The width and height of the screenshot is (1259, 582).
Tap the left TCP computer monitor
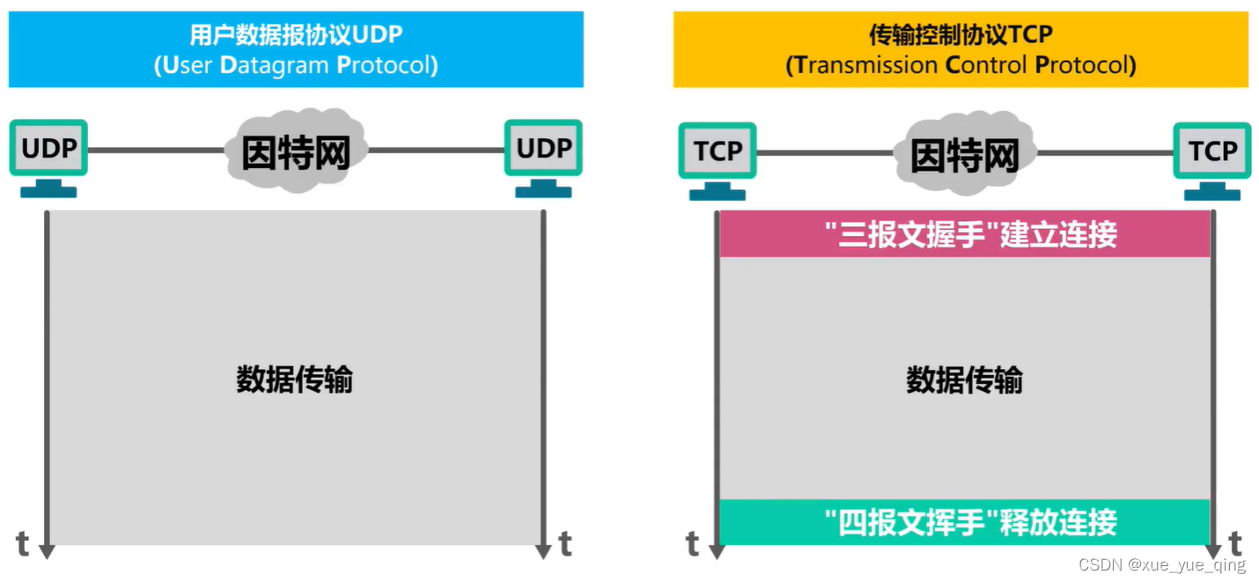point(718,151)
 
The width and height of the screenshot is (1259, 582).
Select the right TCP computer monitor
point(1212,151)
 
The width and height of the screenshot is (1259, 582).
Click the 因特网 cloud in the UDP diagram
point(296,151)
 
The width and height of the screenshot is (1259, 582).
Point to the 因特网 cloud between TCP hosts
point(964,154)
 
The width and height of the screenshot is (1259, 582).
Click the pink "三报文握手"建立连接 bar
point(964,234)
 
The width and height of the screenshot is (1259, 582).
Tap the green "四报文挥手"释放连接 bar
point(964,522)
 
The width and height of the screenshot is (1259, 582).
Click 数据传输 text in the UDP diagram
point(295,379)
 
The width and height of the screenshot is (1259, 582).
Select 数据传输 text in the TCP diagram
point(964,379)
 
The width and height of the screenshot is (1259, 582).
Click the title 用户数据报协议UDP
point(296,34)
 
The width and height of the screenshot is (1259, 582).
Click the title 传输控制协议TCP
point(961,34)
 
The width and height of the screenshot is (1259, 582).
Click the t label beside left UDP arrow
point(23,544)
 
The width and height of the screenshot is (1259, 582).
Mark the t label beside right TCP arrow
point(1235,543)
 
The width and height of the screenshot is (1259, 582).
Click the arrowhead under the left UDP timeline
point(48,551)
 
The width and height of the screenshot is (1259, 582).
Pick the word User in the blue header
point(185,65)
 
